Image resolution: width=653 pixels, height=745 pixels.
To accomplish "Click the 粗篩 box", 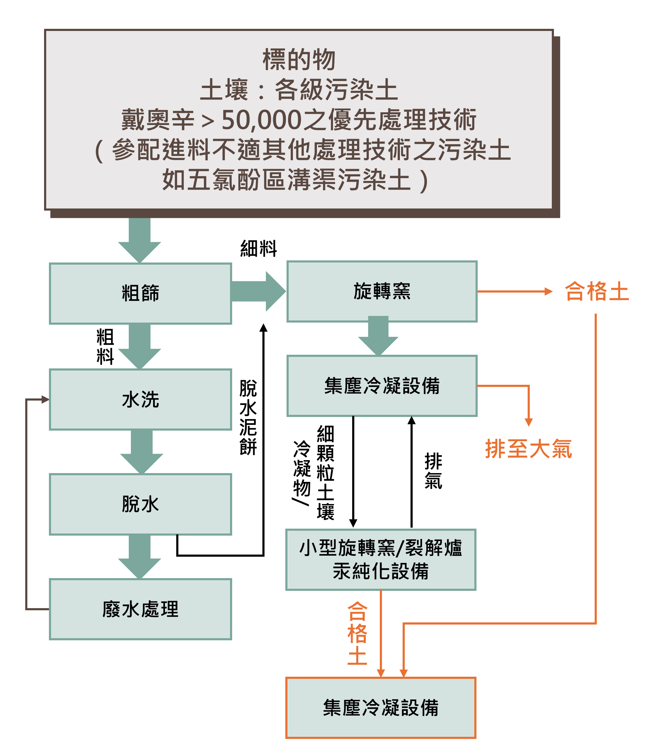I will pos(140,293).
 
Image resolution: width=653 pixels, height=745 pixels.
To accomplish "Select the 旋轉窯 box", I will pos(382,291).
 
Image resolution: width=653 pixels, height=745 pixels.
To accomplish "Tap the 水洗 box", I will pos(140,399).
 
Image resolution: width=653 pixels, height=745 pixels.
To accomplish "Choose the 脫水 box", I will pos(140,504).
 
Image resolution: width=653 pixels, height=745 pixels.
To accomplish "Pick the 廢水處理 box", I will pos(140,609).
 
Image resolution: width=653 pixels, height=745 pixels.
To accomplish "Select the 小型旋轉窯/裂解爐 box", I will pos(381,559).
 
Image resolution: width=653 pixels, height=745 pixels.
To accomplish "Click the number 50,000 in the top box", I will pos(261,120).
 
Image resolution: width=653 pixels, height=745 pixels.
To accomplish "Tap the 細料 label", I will pos(259,249).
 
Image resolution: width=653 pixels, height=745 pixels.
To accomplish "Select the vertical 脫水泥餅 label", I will pos(248,417).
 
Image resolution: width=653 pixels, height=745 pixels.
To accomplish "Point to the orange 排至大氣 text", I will pos(528,449).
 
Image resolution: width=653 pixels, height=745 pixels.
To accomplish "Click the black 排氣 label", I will pos(433,471).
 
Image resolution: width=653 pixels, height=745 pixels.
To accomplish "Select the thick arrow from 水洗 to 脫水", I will pos(141,451).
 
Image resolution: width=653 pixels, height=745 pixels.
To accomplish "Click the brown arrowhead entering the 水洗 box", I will pos(45,399).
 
